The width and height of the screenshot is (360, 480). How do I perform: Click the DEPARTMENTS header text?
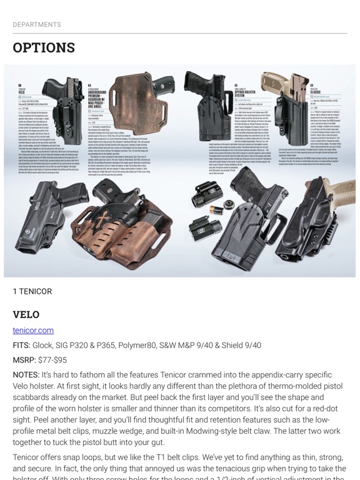tap(37, 24)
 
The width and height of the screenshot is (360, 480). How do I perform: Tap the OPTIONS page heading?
tap(44, 48)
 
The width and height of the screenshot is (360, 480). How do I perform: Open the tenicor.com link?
tap(33, 330)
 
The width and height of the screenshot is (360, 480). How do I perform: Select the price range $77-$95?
tap(59, 360)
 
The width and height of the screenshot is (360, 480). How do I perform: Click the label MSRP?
tap(24, 360)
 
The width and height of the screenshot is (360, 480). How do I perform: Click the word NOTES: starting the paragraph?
tap(26, 374)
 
